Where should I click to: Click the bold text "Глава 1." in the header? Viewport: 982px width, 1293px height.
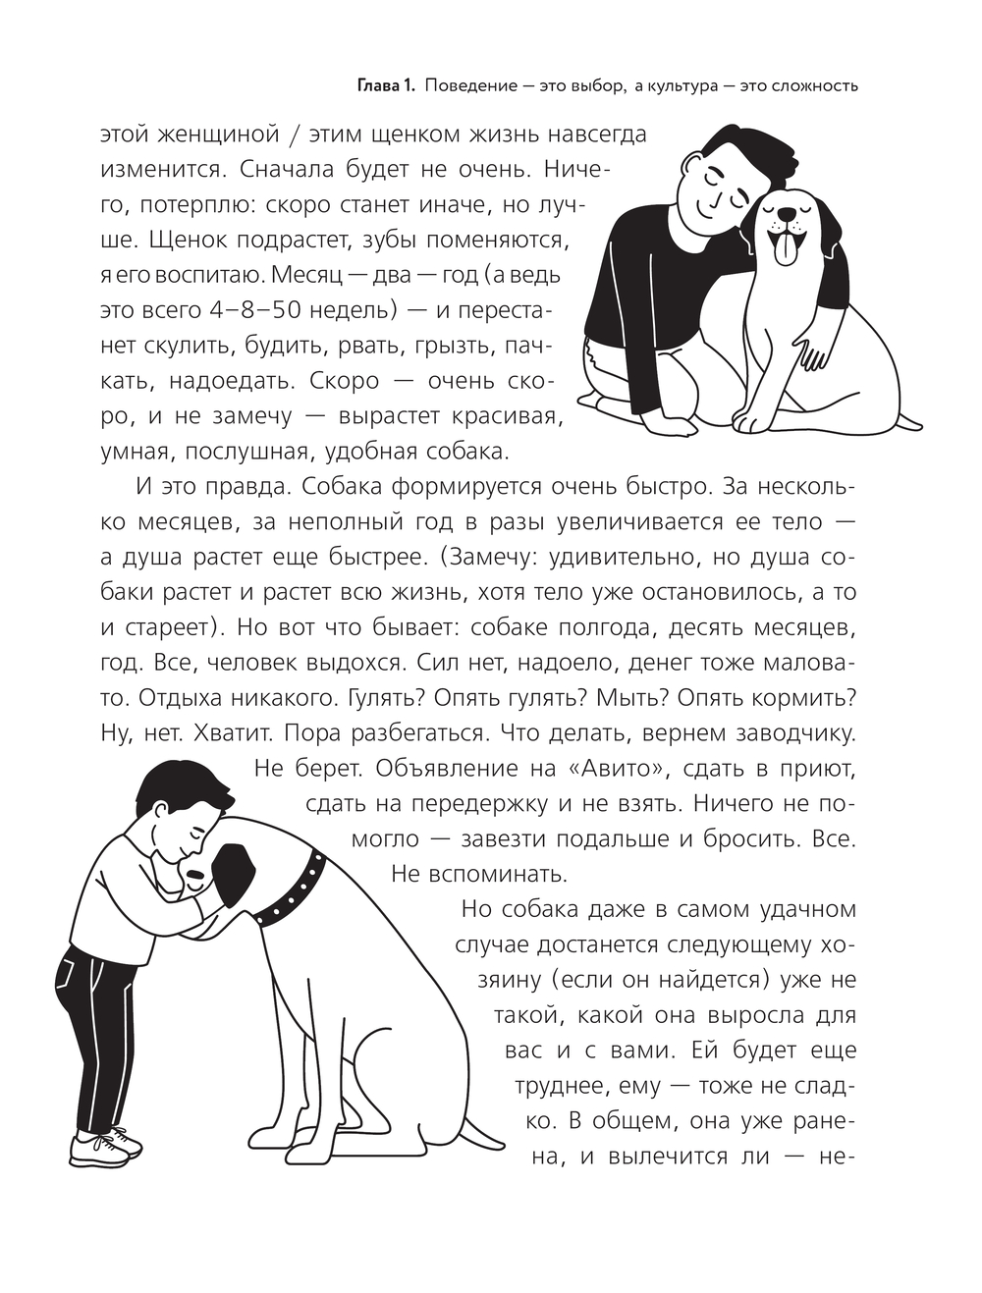[386, 86]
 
